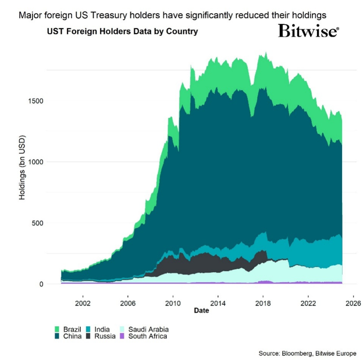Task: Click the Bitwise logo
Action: tap(308, 30)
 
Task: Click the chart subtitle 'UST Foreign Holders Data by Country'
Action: tap(122, 31)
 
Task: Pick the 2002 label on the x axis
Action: tap(83, 303)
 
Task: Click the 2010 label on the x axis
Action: tap(172, 303)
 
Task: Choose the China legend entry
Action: tap(72, 336)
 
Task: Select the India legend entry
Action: tap(102, 329)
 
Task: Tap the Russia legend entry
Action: tap(105, 336)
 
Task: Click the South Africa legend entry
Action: tap(147, 336)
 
